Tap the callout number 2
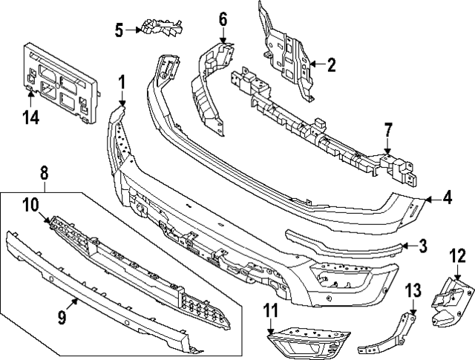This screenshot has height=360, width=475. [330, 65]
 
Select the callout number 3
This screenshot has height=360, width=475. [422, 246]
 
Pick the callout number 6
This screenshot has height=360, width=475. [223, 19]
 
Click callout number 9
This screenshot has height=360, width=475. [62, 318]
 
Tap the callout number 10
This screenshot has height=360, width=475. [30, 204]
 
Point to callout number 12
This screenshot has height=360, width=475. [457, 257]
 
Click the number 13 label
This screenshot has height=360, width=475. [412, 289]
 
